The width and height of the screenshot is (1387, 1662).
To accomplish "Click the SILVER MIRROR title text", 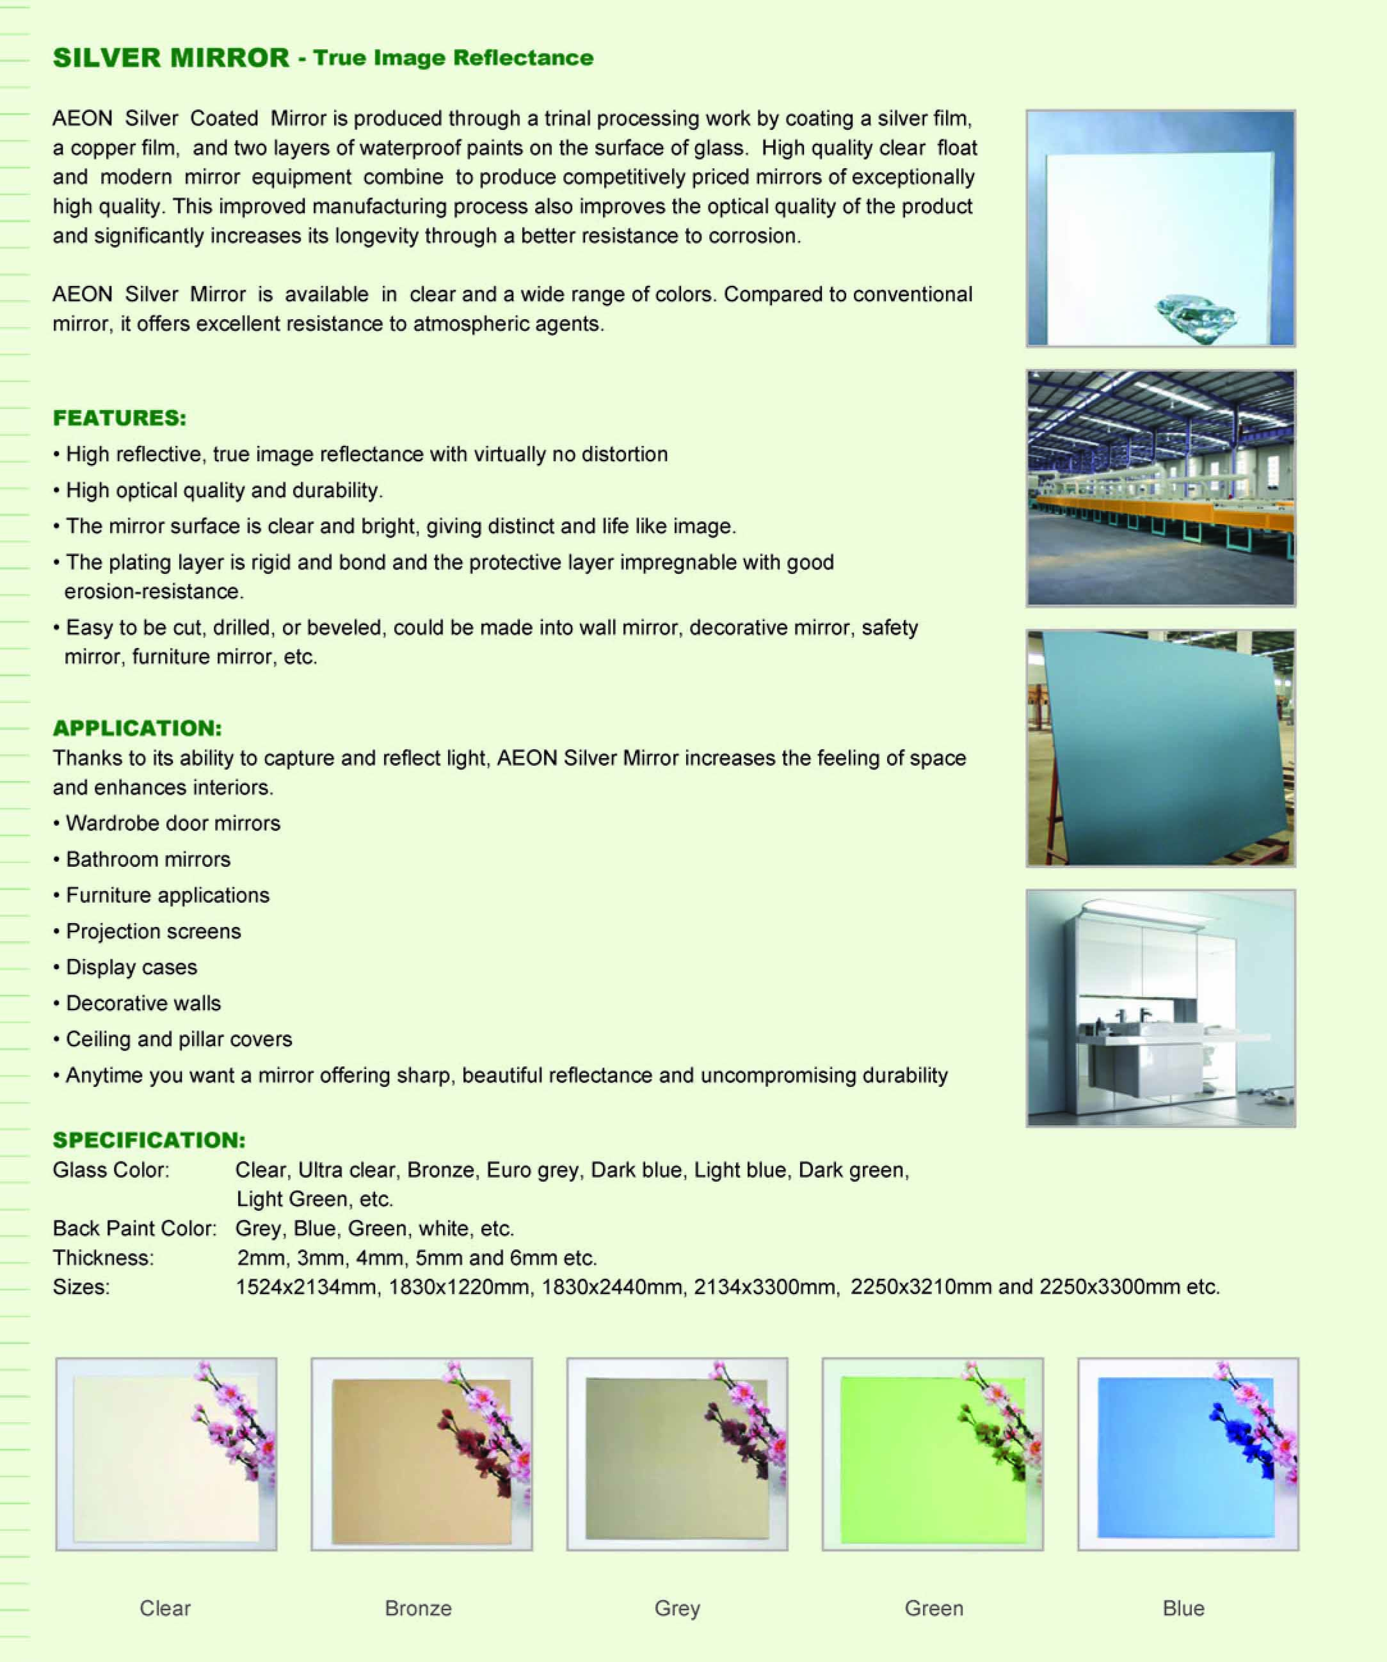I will pyautogui.click(x=171, y=58).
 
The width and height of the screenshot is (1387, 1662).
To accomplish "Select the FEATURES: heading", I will pyautogui.click(x=120, y=418).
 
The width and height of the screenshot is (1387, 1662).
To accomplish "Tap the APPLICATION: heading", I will pyautogui.click(x=137, y=728).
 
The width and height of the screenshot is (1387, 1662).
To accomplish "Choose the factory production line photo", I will pyautogui.click(x=1160, y=488).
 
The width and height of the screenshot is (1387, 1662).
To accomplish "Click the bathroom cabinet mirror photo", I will pyautogui.click(x=1160, y=1008).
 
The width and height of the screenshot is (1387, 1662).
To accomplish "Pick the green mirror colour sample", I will pyautogui.click(x=932, y=1455).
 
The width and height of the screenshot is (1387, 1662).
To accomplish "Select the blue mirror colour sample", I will pyautogui.click(x=1187, y=1455).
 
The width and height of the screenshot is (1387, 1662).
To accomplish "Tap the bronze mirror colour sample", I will pyautogui.click(x=421, y=1455).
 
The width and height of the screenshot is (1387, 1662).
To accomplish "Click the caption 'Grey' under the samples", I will pyautogui.click(x=677, y=1608).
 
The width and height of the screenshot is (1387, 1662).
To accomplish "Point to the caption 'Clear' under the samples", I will pyautogui.click(x=164, y=1608).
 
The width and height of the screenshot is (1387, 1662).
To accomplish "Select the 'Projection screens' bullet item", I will pyautogui.click(x=153, y=931).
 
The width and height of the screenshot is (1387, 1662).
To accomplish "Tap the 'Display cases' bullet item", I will pyautogui.click(x=131, y=967).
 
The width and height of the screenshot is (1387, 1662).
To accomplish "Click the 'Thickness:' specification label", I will pyautogui.click(x=103, y=1258).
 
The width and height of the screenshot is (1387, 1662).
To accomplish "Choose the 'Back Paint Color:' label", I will pyautogui.click(x=134, y=1228).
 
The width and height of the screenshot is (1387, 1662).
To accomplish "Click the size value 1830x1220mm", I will pyautogui.click(x=458, y=1287).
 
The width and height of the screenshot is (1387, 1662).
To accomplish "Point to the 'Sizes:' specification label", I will pyautogui.click(x=81, y=1287).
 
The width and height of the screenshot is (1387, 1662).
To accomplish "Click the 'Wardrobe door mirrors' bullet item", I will pyautogui.click(x=173, y=823).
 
